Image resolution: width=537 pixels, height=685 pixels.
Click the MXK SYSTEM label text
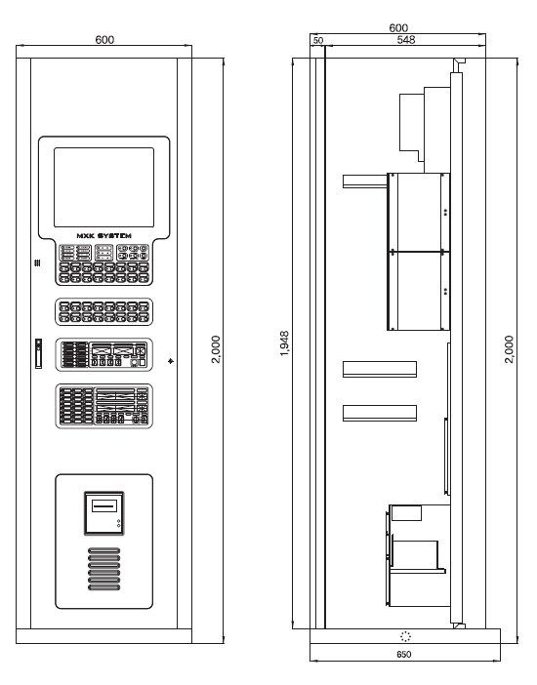(x=104, y=236)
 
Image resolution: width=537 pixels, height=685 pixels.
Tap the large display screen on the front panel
(x=104, y=187)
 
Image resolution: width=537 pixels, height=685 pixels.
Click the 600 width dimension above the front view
(x=104, y=40)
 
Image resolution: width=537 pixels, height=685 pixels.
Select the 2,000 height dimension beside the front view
(x=216, y=349)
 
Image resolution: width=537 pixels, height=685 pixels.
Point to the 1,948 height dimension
(x=284, y=343)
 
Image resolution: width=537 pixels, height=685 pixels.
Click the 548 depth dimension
(x=406, y=40)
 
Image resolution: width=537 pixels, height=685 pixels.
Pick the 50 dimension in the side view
(x=318, y=40)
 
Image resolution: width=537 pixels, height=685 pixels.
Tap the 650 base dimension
(x=404, y=655)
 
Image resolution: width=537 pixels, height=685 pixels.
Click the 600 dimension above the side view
(x=398, y=28)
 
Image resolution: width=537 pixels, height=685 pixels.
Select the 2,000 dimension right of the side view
(x=509, y=349)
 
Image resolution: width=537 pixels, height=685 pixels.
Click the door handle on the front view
(x=38, y=353)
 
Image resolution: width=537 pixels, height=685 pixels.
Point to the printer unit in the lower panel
(x=104, y=513)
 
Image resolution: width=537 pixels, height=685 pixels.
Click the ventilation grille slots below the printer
(x=104, y=569)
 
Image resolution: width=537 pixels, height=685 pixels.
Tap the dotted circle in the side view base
(x=406, y=636)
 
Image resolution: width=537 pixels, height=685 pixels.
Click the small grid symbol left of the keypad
(x=38, y=262)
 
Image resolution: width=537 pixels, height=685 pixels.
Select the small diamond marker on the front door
(x=171, y=361)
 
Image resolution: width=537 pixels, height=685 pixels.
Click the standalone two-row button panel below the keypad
(x=104, y=312)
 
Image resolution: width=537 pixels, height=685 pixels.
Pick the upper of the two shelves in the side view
(x=380, y=369)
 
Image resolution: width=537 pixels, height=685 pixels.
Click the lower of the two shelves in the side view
(x=380, y=414)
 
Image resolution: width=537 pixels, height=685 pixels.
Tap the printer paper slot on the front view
(x=104, y=505)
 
